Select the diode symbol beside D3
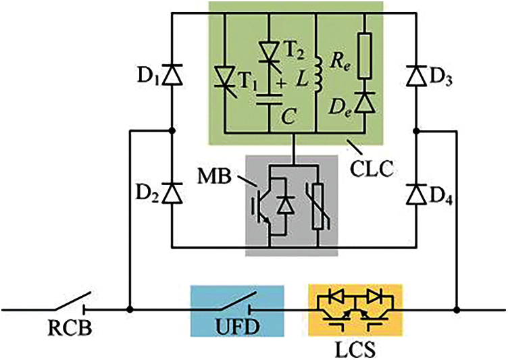417,76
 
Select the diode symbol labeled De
365,101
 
